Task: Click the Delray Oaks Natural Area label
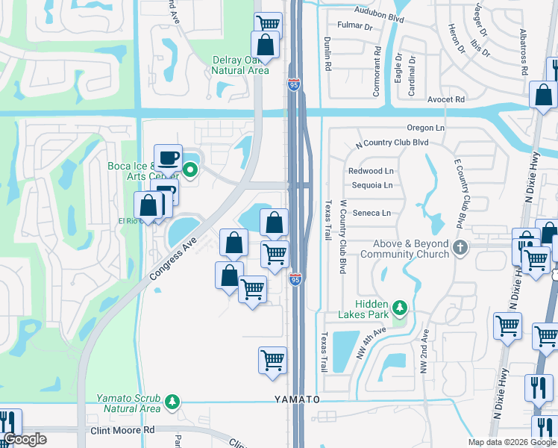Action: [x=239, y=65]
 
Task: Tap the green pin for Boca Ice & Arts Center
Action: [x=190, y=169]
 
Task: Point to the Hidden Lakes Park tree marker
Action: [x=400, y=307]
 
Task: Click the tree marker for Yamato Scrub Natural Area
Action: [x=172, y=402]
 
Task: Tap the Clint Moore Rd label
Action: [x=122, y=430]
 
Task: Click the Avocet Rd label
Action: [x=446, y=99]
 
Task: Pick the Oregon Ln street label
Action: [x=425, y=128]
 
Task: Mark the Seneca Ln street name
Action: [x=371, y=213]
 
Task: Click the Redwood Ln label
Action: [x=371, y=171]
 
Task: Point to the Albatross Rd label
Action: [x=524, y=52]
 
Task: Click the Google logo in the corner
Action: [x=25, y=439]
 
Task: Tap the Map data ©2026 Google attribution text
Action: [x=511, y=442]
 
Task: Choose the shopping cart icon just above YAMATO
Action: [x=272, y=360]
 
